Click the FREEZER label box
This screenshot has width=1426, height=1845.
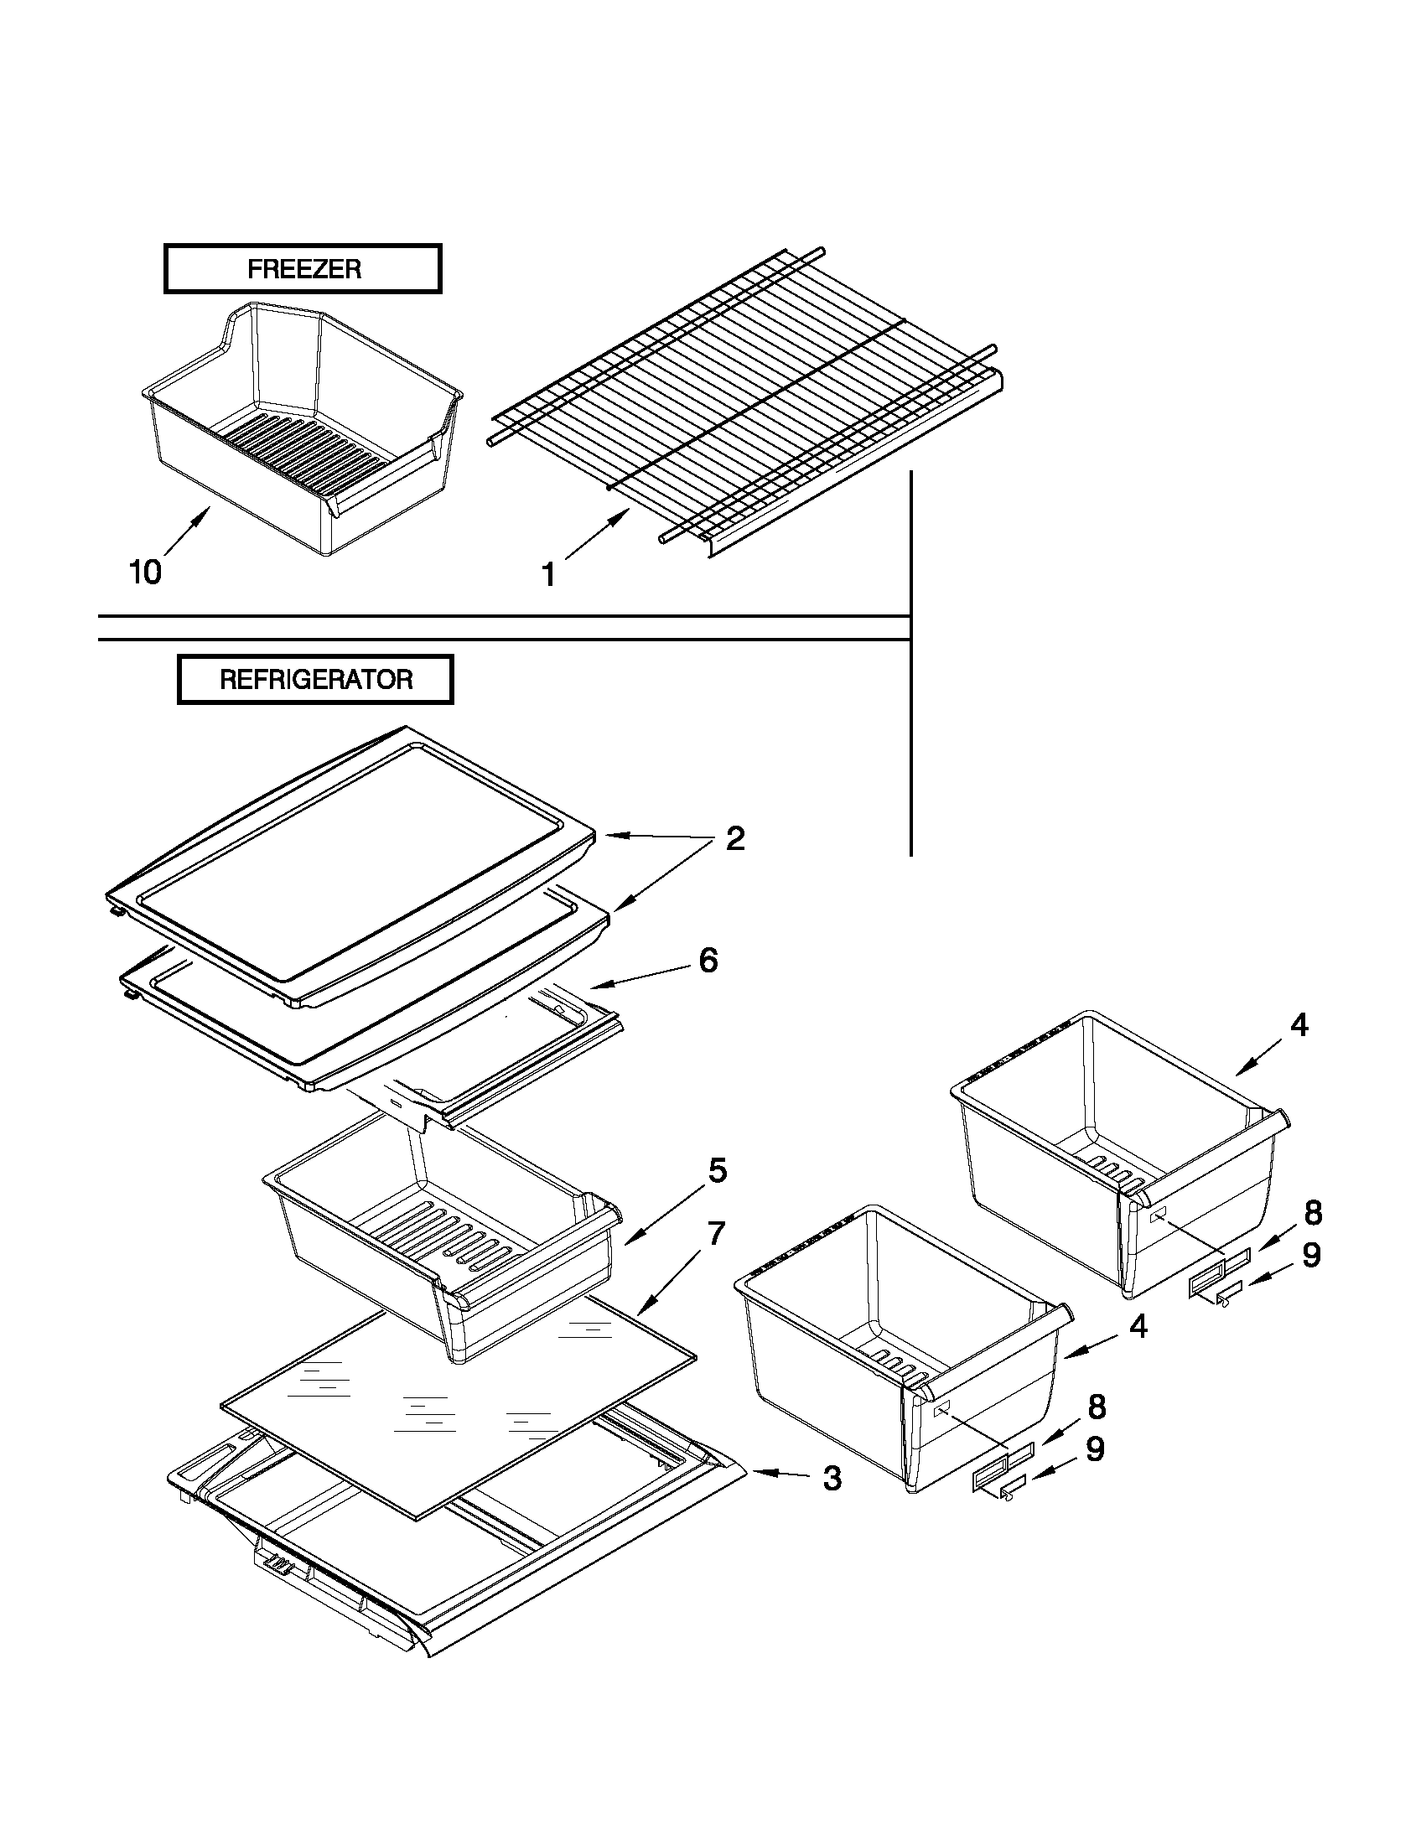coord(303,268)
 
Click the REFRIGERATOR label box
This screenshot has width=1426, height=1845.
coord(315,679)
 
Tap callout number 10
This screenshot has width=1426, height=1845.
coord(144,573)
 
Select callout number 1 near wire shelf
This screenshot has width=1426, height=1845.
coord(548,575)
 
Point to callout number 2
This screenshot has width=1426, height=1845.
coord(735,839)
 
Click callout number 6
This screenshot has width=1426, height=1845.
coord(708,961)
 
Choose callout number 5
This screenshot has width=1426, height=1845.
coord(717,1171)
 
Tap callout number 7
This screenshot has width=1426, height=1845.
coord(717,1234)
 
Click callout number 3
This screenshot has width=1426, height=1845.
coord(832,1479)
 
